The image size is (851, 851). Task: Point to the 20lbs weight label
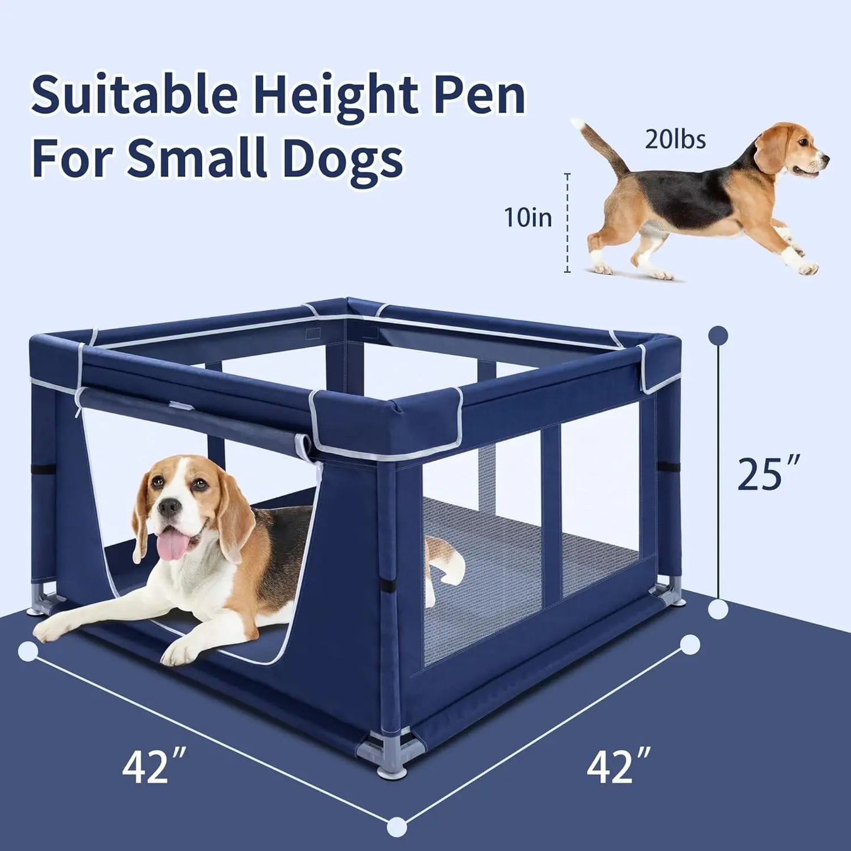click(x=675, y=141)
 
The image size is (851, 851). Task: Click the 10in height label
click(x=528, y=218)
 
